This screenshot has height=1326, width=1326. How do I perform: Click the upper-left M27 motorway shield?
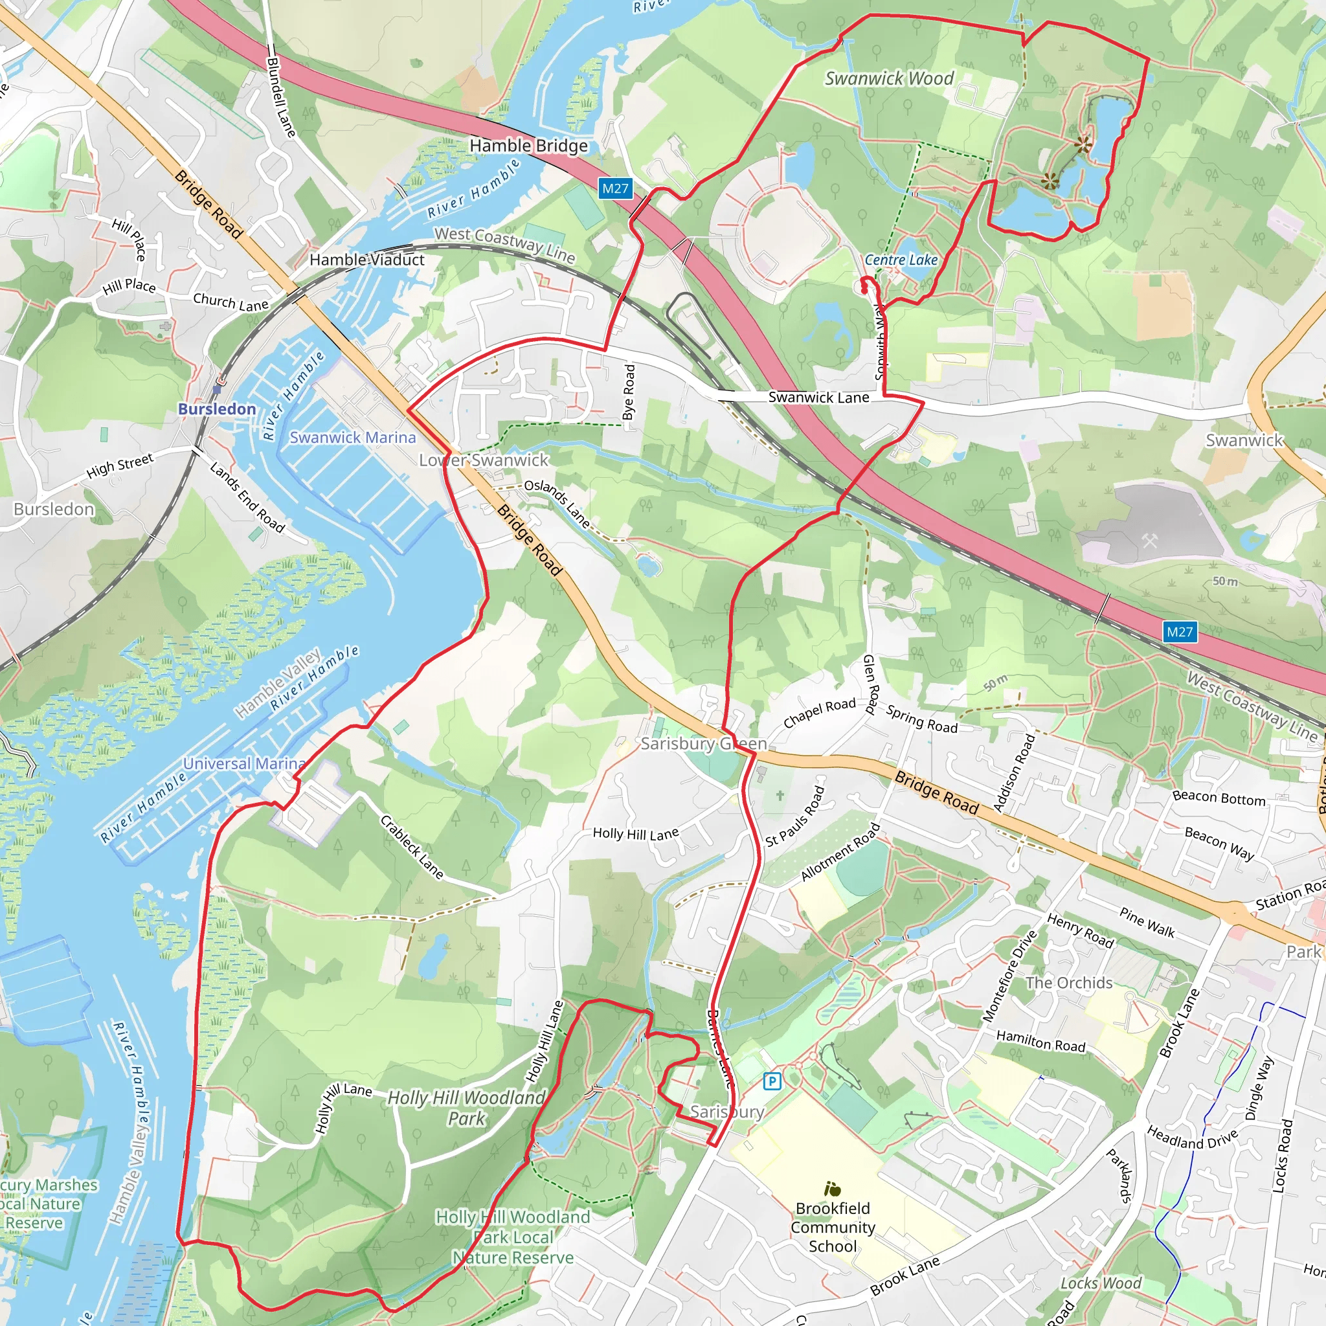[615, 188]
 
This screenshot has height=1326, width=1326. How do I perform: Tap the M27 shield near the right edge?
[1180, 632]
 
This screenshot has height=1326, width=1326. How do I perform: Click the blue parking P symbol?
[772, 1082]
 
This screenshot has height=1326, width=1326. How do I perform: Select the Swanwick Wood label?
[889, 78]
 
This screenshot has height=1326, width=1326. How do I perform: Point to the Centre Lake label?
[901, 260]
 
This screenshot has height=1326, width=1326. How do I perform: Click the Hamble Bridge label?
[528, 146]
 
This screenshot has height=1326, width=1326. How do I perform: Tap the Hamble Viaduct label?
[366, 260]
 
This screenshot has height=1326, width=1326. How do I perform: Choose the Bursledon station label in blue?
[217, 409]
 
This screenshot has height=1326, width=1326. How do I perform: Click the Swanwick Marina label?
[352, 437]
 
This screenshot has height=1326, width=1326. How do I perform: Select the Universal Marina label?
[243, 763]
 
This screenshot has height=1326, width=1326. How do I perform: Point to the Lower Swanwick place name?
[484, 460]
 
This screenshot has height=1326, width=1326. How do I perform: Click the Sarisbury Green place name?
[704, 743]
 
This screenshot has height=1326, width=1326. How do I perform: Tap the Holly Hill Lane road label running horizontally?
[636, 834]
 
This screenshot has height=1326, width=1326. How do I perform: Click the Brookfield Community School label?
[833, 1227]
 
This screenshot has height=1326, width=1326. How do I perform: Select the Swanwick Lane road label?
[818, 398]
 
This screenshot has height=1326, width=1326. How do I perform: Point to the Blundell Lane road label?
[282, 96]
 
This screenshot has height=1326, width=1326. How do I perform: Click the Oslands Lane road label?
[557, 503]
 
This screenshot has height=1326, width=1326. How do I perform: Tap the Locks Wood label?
[1101, 1283]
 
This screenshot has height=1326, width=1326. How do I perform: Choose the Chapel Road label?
[820, 713]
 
